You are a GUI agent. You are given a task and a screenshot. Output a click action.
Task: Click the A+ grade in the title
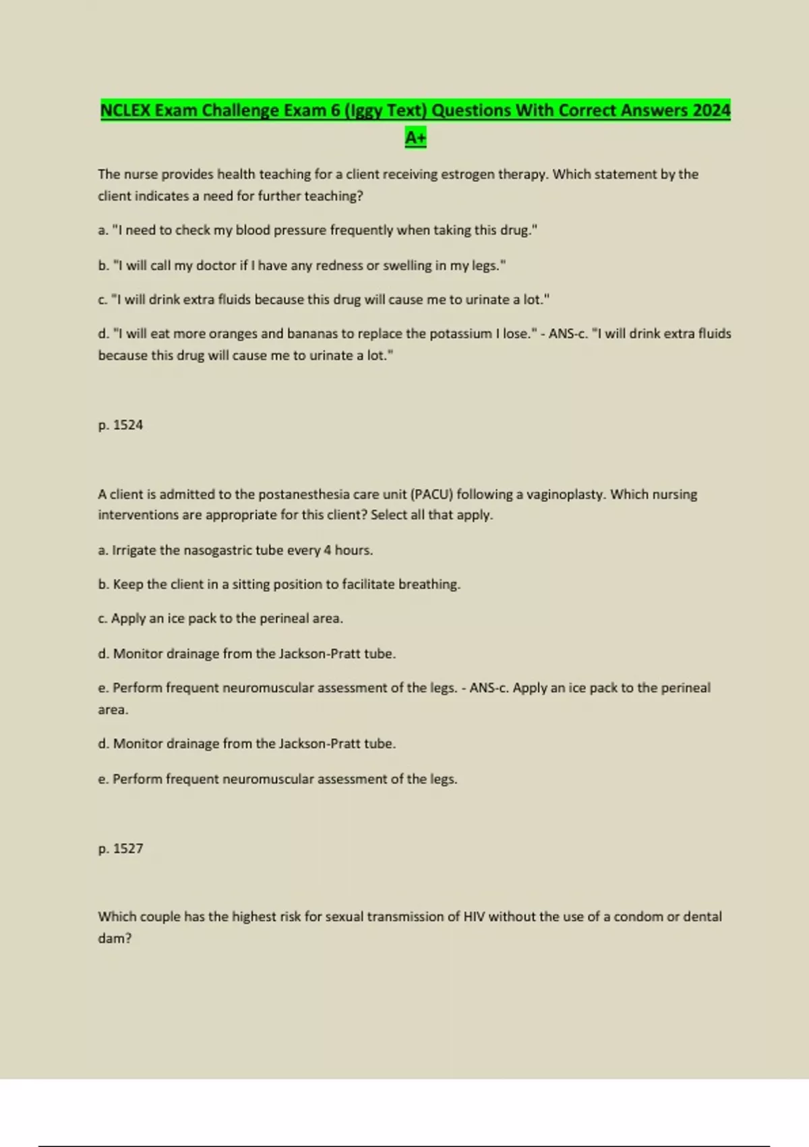(415, 138)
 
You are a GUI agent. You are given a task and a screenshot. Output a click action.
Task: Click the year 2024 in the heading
(711, 110)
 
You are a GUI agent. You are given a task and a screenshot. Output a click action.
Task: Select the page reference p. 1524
(121, 425)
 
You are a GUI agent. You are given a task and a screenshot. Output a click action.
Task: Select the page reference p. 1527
(121, 849)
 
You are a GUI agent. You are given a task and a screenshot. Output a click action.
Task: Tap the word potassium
(457, 333)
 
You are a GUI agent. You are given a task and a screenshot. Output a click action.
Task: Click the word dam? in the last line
(115, 938)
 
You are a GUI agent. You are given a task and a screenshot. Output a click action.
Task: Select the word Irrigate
(134, 550)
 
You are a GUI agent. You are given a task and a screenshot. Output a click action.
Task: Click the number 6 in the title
(335, 110)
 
